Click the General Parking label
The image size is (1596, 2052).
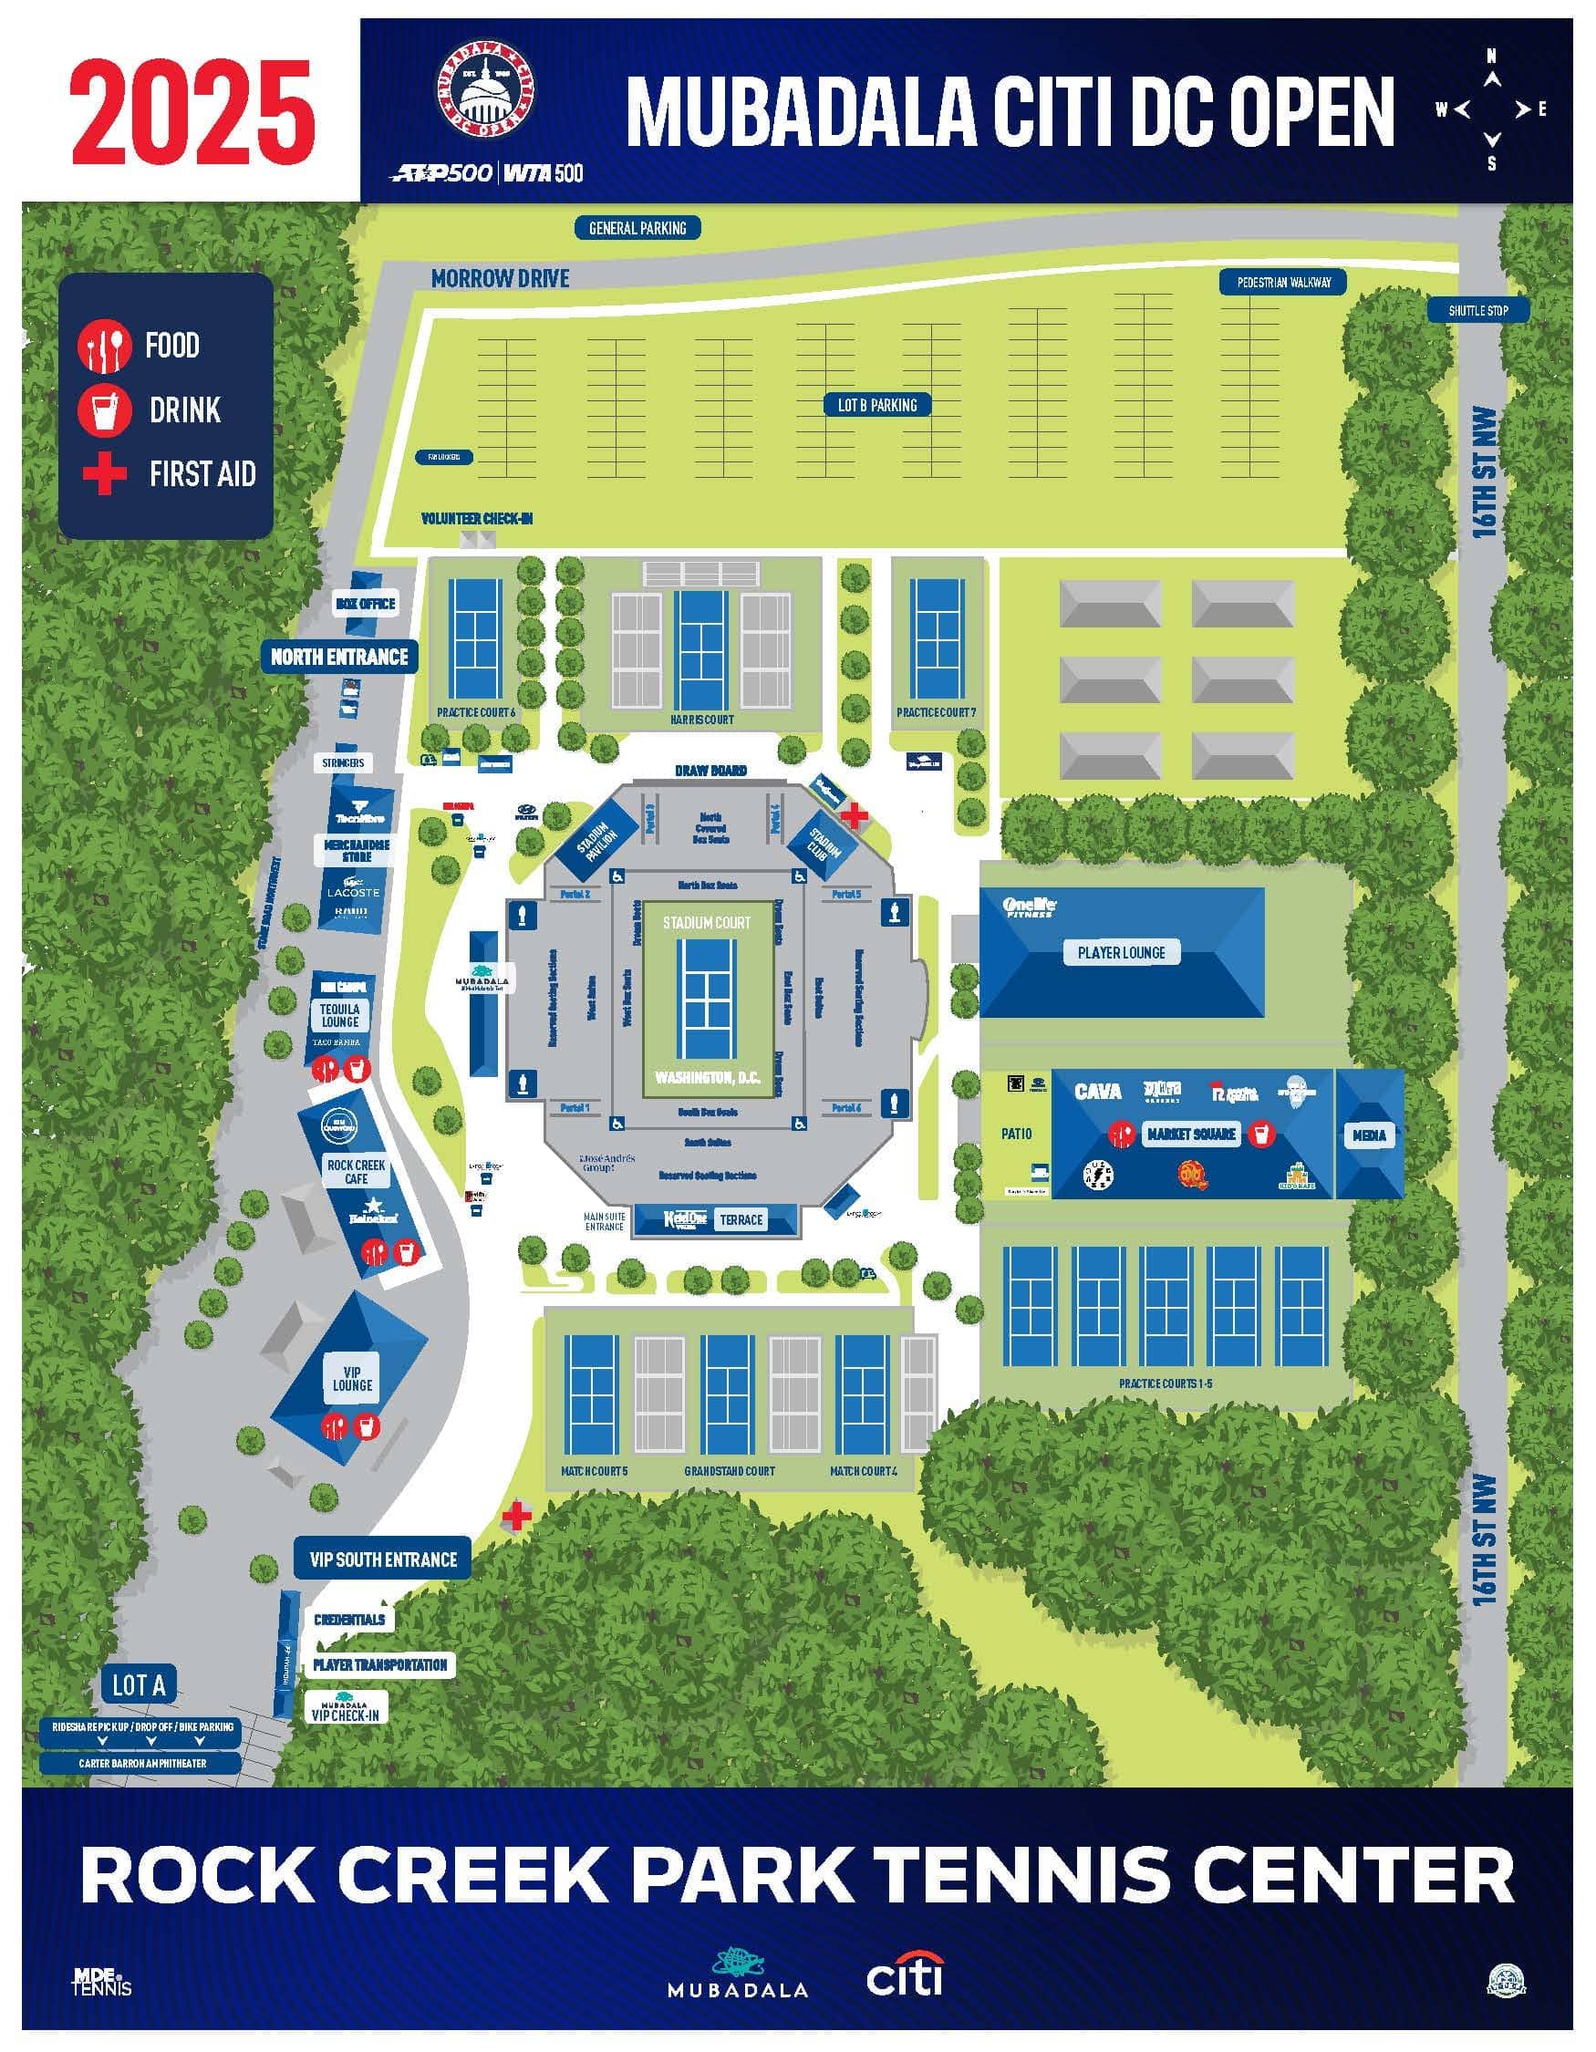(637, 227)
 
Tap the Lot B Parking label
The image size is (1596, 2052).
(876, 405)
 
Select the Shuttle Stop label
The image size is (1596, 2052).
(1477, 310)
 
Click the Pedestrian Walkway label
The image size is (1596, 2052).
(1283, 282)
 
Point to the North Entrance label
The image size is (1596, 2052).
(339, 657)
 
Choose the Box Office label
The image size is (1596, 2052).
(366, 603)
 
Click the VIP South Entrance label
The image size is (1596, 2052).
(383, 1560)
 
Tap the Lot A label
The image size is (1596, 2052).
(139, 1684)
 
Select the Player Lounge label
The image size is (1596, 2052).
(1121, 953)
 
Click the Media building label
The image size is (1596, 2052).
(1369, 1135)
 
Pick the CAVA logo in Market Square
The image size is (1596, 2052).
(1097, 1091)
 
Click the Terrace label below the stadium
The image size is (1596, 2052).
(741, 1219)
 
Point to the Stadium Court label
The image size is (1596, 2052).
(707, 923)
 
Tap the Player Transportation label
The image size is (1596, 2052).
(379, 1665)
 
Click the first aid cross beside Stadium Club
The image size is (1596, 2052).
(854, 814)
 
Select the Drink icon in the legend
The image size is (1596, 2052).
(104, 409)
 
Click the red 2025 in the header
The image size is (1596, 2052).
(192, 110)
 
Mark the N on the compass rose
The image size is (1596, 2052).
(1491, 57)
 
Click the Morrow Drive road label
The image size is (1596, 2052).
(500, 278)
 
